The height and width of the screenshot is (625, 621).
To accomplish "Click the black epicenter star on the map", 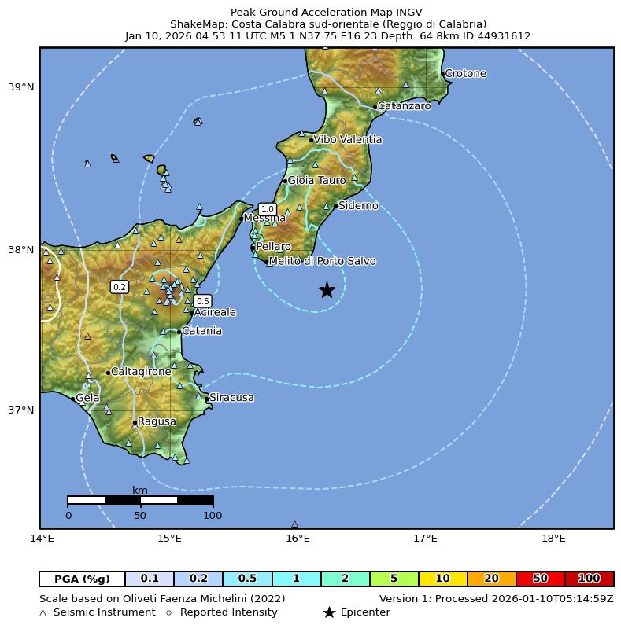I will pos(327,290).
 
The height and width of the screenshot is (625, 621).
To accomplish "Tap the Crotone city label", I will pos(465,74).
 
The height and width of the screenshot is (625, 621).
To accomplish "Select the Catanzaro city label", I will pos(404,106).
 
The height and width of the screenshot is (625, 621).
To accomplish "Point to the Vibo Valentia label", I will pos(347,140).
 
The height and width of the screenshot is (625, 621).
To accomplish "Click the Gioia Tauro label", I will pos(316,181).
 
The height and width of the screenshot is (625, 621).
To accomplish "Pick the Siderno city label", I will pos(358,206).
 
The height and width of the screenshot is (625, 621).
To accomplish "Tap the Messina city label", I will pos(264,219).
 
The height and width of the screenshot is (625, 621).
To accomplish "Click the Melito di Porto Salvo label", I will pos(322,261).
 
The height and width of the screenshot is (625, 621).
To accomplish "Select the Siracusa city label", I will pos(231,398).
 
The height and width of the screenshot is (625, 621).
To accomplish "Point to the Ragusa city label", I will pos(157,422).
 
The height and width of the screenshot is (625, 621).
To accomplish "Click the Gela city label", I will pos(87,399).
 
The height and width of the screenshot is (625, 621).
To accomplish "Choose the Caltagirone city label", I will pos(141,372).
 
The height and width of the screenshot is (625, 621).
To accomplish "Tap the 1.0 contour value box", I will pos(267,209).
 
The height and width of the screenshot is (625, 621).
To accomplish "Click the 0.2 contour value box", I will pos(120,287).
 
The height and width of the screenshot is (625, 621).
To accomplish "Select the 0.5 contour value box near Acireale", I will pos(202,301).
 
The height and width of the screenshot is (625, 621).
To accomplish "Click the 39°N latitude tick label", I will pos(21,87).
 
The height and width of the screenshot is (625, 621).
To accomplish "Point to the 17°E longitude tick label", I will pos(425,539).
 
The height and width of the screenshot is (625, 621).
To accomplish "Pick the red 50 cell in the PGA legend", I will pos(540,579).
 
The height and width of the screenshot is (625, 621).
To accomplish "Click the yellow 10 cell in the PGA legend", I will pos(442,579).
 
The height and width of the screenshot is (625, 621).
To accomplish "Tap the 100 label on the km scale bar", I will pos(213,516).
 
